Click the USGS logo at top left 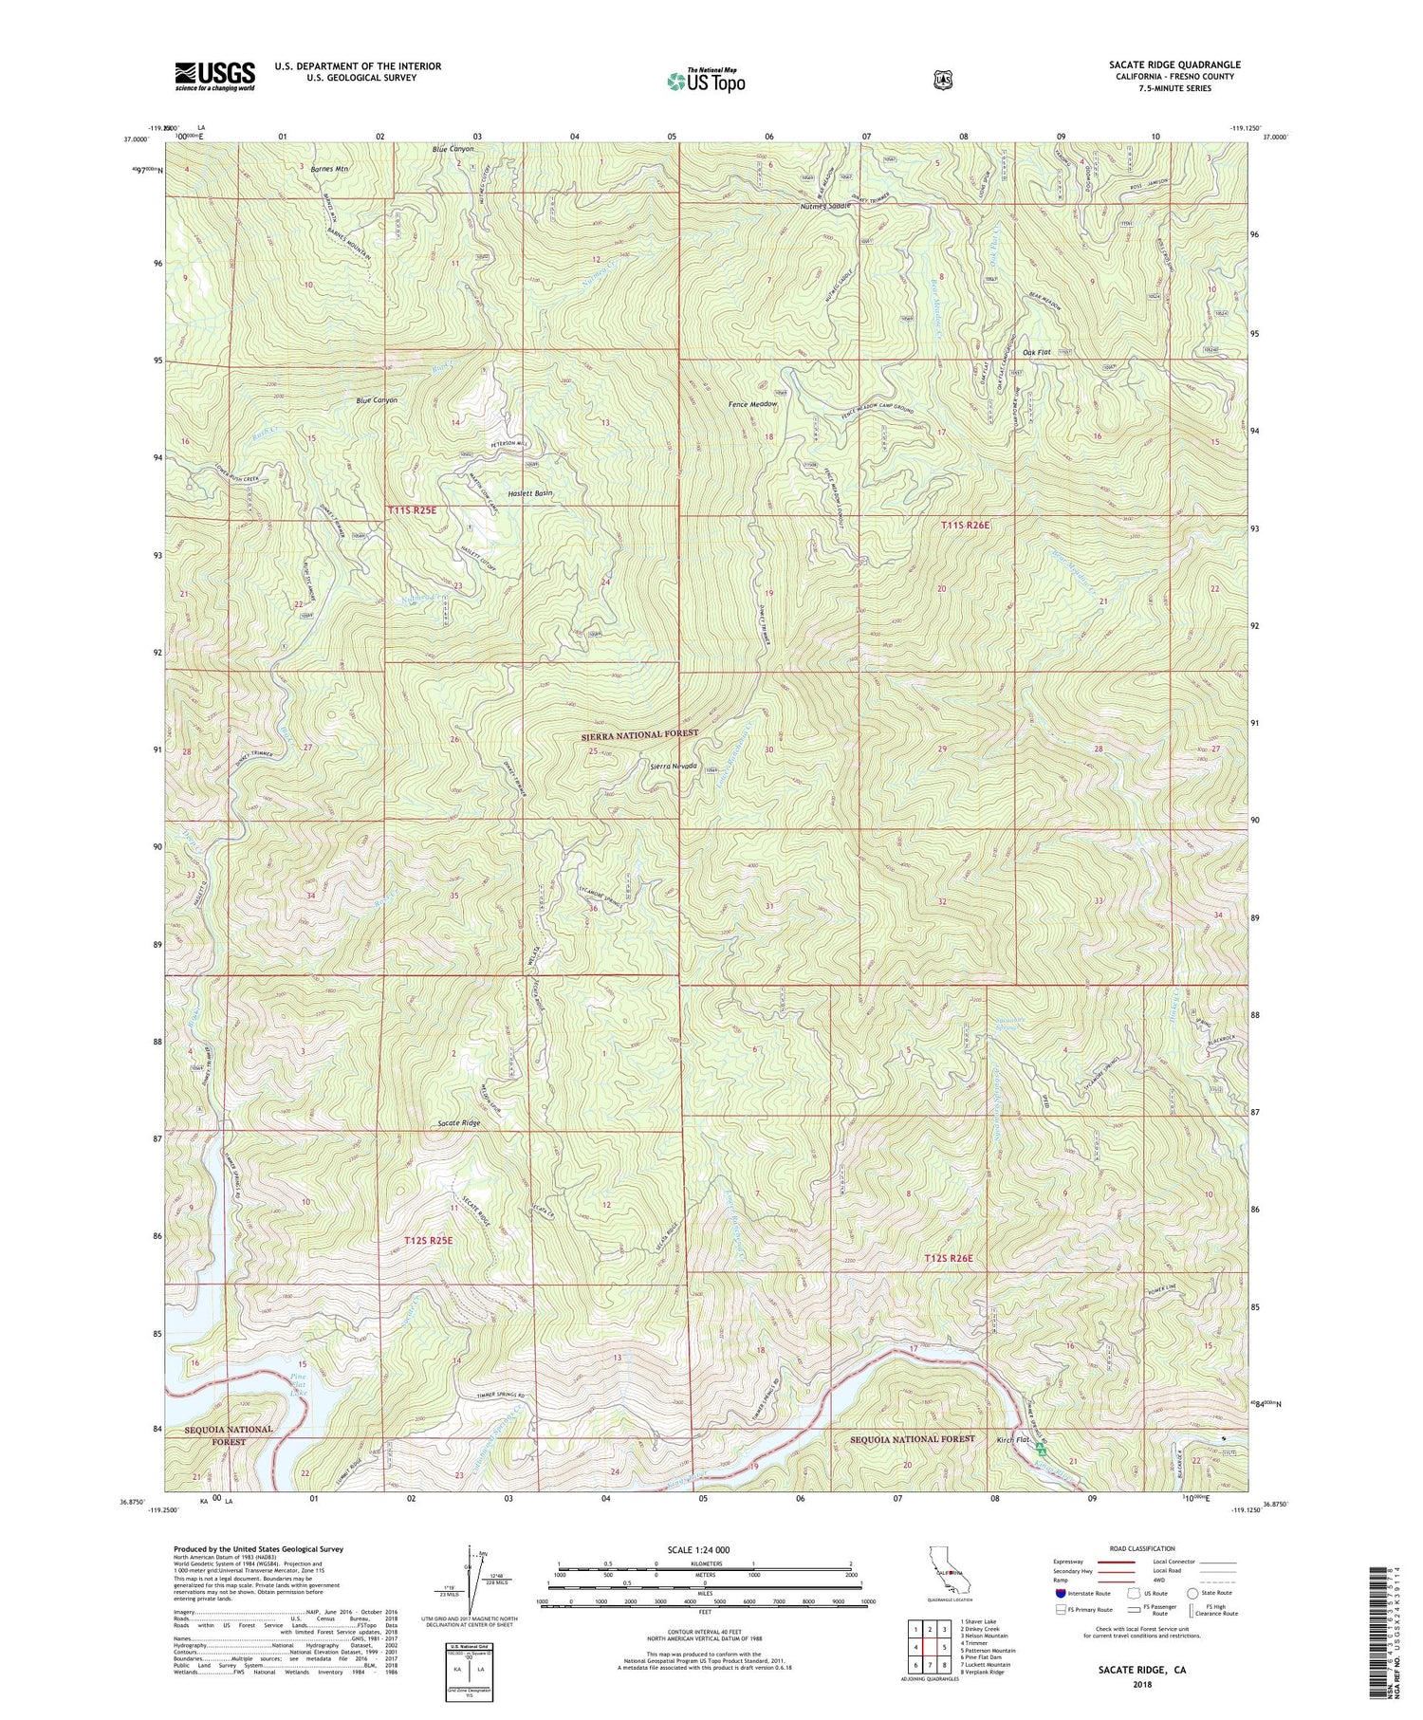214,76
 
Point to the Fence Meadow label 752,404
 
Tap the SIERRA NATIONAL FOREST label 638,733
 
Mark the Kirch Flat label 1013,1439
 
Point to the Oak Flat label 1037,352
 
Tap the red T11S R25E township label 413,510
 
